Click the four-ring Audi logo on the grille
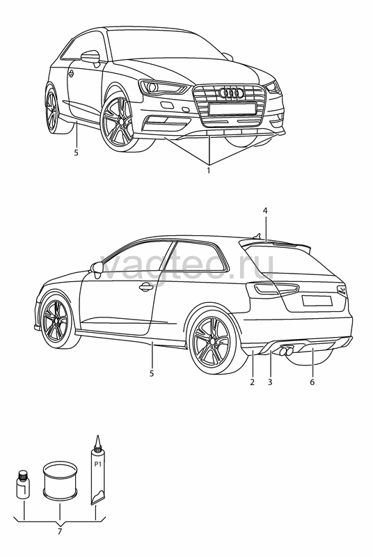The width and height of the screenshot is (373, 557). click(232, 93)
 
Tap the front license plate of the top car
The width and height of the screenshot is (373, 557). click(232, 109)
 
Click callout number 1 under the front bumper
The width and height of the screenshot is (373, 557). click(209, 171)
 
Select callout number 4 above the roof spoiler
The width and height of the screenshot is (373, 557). click(265, 211)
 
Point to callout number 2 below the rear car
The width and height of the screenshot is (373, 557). click(252, 382)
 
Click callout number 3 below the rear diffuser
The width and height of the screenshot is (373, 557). click(270, 382)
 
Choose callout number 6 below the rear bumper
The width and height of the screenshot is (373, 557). click(312, 382)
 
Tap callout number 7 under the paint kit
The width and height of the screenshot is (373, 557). click(59, 532)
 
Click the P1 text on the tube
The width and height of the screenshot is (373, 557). click(97, 464)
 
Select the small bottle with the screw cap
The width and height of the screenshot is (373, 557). click(23, 485)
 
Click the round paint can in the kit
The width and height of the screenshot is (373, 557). click(60, 479)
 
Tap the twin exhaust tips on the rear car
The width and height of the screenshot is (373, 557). click(286, 352)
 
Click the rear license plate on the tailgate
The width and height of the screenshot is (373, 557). click(317, 301)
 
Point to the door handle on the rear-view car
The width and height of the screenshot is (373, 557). click(146, 287)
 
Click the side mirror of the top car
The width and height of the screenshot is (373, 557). click(91, 58)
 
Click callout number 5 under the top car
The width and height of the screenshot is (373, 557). click(76, 152)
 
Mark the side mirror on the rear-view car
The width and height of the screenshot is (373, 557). click(97, 268)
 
